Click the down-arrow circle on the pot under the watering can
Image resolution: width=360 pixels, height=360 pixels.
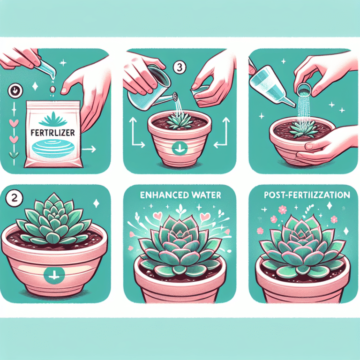click(180, 150)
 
